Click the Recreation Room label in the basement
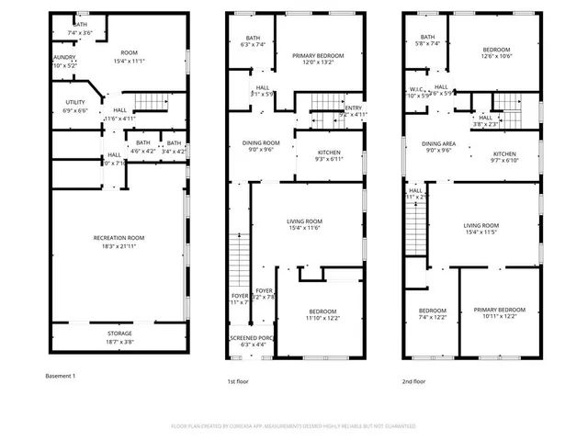point(119,238)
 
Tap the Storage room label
point(119,334)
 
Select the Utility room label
point(75,102)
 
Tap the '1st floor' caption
point(238,380)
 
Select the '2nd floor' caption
point(413,380)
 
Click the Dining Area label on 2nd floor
point(438,144)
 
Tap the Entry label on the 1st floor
point(354,108)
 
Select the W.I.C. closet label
point(414,89)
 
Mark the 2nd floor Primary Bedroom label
point(500,310)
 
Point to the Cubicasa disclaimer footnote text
point(293,426)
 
